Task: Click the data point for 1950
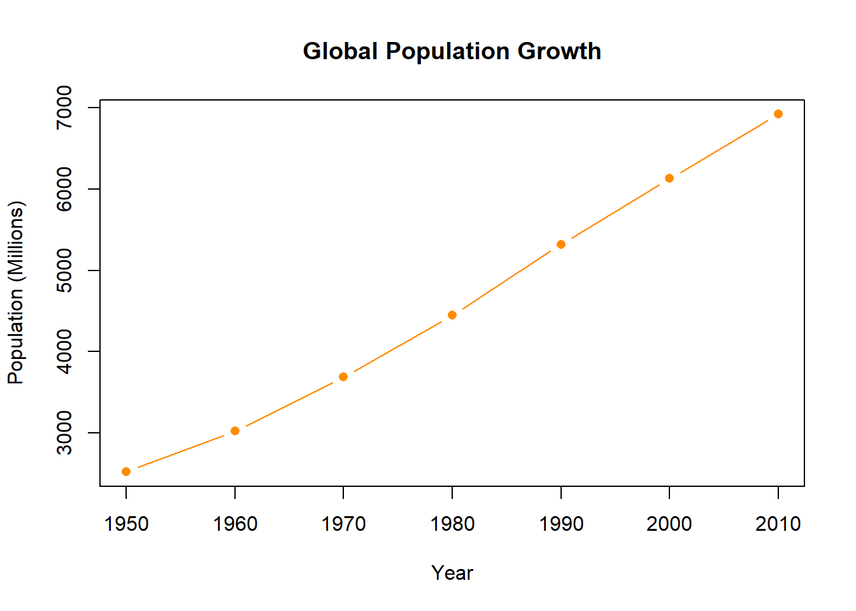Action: click(126, 472)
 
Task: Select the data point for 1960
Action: click(235, 431)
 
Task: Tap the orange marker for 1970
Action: click(343, 377)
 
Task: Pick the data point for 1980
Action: click(452, 315)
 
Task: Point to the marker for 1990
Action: click(561, 244)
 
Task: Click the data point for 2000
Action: click(669, 178)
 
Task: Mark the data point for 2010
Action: click(778, 114)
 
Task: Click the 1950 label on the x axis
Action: click(126, 524)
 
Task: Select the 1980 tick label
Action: click(452, 524)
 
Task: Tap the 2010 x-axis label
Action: click(778, 524)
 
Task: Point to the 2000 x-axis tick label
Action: click(669, 524)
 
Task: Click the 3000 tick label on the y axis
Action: click(64, 433)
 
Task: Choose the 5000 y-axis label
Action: click(64, 270)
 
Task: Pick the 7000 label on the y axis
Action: click(64, 108)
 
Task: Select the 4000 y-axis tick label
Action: click(64, 351)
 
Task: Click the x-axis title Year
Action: click(452, 573)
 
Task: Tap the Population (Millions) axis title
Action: click(16, 293)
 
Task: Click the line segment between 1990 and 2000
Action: click(615, 211)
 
